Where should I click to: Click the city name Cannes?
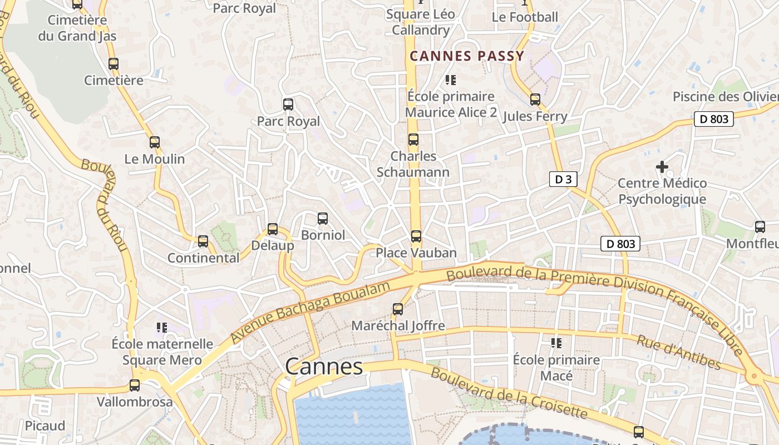click(324, 367)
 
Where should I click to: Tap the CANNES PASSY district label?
click(467, 56)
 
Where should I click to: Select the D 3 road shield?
click(563, 179)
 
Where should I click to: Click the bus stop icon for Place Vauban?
click(416, 236)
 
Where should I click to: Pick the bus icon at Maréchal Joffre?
click(398, 309)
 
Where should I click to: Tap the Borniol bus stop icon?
click(323, 219)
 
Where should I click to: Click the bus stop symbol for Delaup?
click(273, 229)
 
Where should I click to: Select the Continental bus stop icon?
click(203, 241)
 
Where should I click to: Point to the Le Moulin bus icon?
click(155, 142)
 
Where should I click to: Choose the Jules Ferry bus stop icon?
click(535, 100)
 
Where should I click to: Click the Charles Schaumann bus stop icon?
click(413, 140)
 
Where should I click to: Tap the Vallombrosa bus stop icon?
click(135, 385)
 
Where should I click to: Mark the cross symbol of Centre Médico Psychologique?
click(662, 167)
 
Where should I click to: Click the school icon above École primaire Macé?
click(556, 343)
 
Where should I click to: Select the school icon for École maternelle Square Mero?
click(162, 328)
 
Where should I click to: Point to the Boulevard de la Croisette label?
click(509, 393)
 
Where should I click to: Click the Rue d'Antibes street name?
click(679, 352)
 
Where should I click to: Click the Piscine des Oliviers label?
click(725, 97)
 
